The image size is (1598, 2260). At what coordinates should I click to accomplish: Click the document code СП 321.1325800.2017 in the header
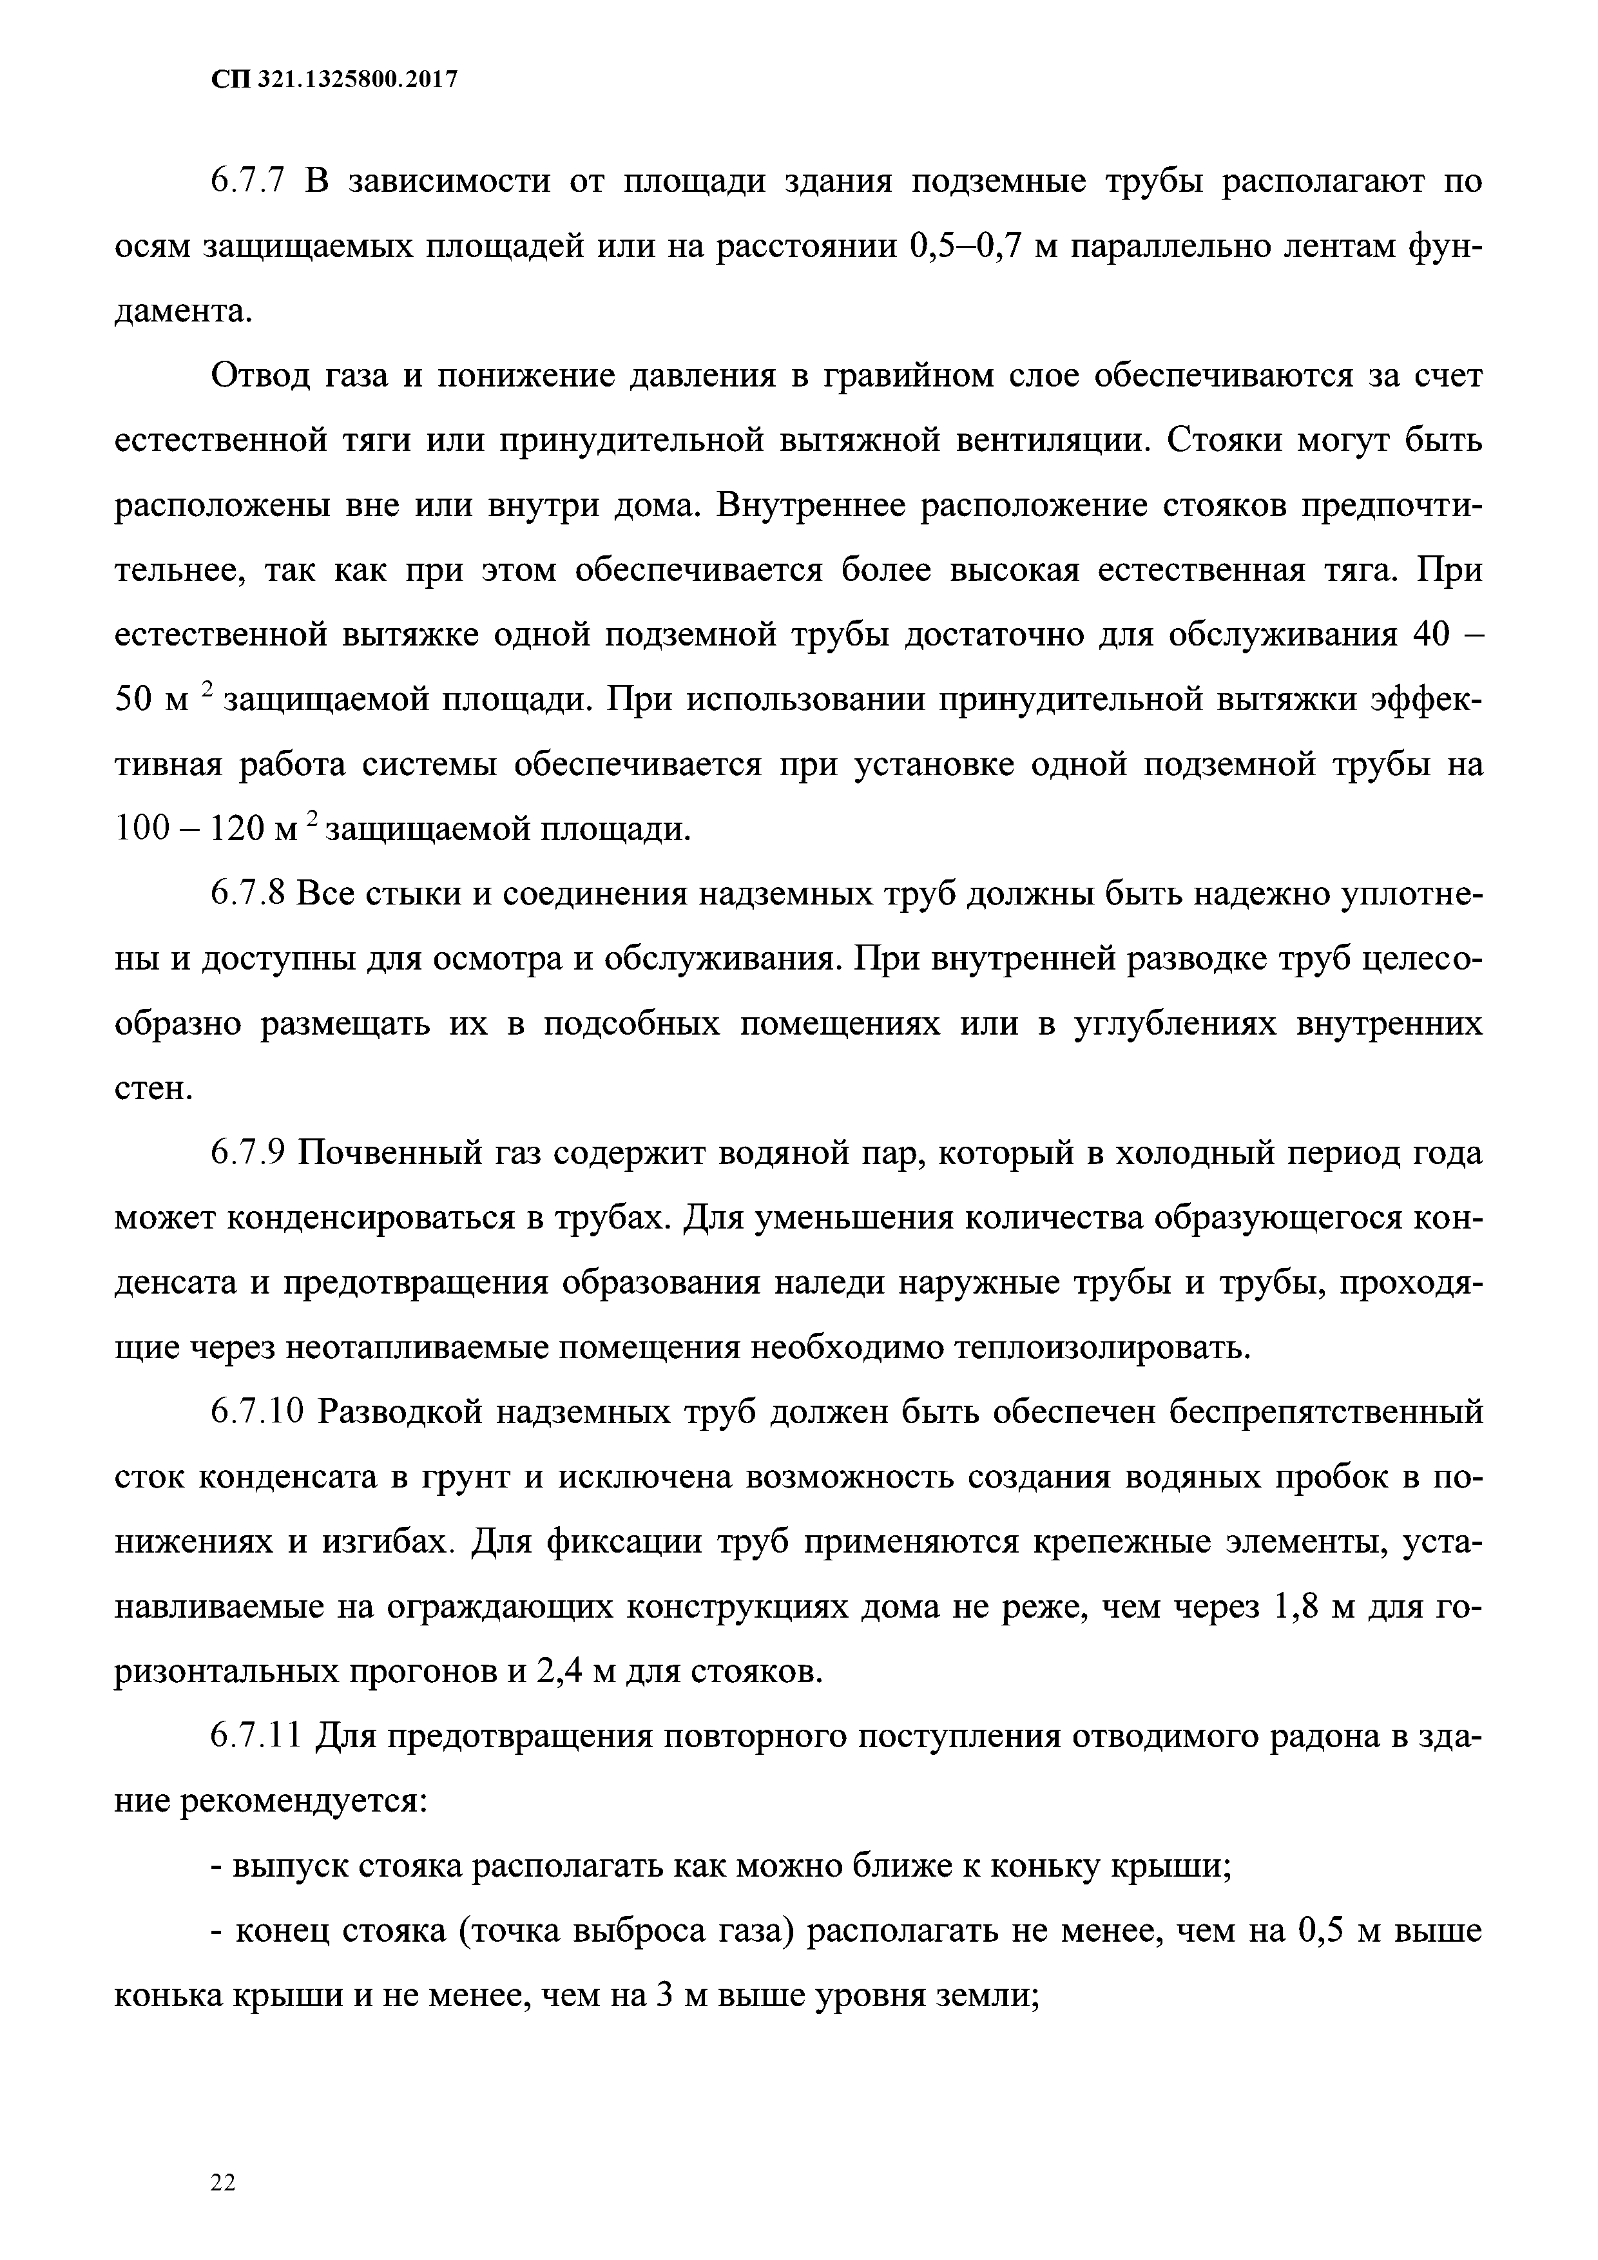(x=335, y=81)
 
